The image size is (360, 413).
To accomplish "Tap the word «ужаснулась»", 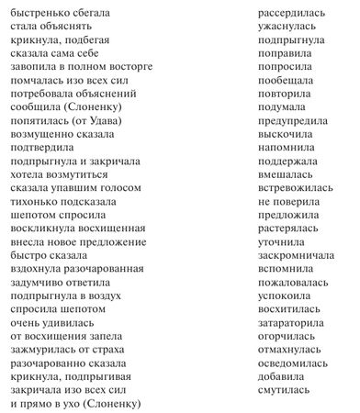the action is pos(285,29).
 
